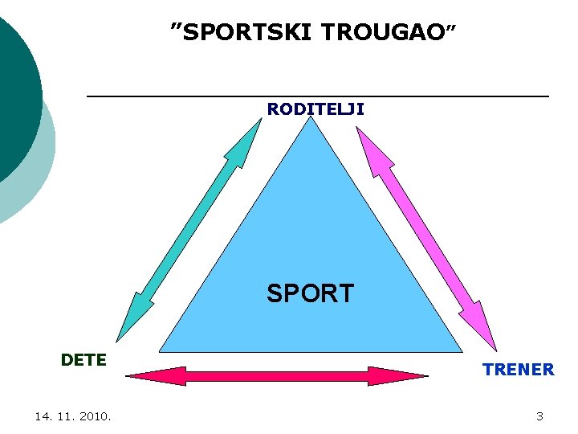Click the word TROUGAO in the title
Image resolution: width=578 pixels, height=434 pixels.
point(381,32)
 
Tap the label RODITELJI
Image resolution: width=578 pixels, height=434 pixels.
point(315,108)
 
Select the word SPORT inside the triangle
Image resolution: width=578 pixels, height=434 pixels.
point(310,293)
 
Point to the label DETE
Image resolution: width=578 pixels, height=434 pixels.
point(83,360)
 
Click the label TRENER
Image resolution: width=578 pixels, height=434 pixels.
point(518,370)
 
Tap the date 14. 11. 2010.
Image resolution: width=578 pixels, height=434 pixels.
point(73,416)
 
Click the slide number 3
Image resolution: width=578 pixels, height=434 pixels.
point(539,416)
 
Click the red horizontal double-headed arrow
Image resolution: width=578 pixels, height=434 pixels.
point(277,375)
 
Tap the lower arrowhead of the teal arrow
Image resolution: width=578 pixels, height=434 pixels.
point(130,321)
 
